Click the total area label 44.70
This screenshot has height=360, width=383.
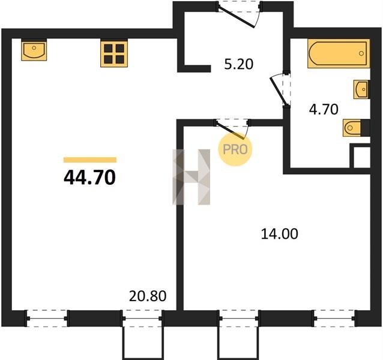tap(89, 178)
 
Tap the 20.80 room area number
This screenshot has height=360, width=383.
tap(148, 296)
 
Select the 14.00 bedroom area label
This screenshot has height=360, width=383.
tap(279, 233)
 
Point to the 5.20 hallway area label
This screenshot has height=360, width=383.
tap(239, 64)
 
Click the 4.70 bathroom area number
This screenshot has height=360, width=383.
tap(324, 109)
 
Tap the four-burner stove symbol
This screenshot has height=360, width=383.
tap(114, 53)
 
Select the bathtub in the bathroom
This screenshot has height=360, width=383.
tap(339, 53)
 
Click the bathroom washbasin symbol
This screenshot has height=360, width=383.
tap(361, 89)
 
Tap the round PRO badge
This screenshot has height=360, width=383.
tap(235, 149)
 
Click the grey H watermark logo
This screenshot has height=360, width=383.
tap(191, 177)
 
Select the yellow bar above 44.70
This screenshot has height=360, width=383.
tap(90, 160)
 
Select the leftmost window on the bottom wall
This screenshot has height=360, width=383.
tap(46, 318)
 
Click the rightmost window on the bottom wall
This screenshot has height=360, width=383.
tap(334, 318)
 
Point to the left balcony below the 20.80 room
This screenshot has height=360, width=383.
tap(143, 341)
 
